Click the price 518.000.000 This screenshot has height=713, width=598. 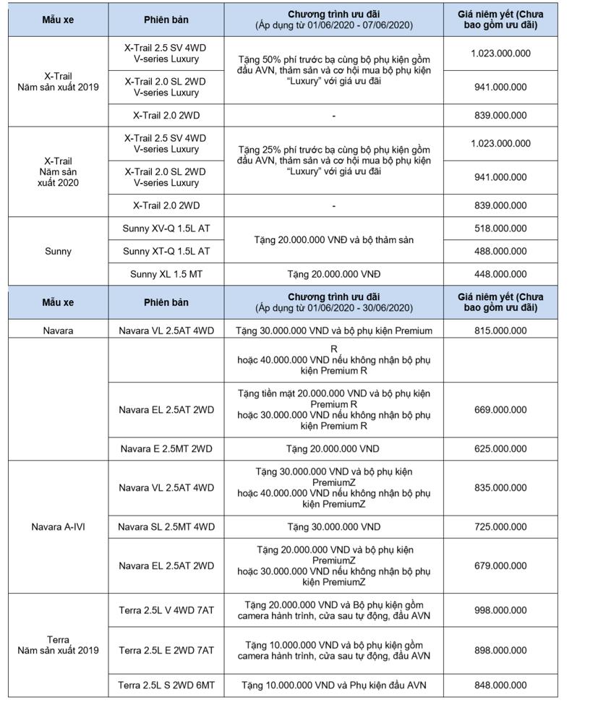[500, 229]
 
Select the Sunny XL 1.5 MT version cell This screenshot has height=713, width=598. [166, 274]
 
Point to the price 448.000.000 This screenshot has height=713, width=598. [500, 274]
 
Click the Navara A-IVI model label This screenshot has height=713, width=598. [59, 526]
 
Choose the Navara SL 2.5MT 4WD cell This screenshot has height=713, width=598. [166, 526]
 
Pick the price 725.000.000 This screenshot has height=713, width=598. [500, 526]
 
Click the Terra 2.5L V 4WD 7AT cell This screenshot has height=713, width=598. [166, 610]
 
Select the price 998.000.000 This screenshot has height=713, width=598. [500, 610]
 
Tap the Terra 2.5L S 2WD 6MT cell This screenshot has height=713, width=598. [166, 685]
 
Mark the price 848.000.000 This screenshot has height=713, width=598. [500, 685]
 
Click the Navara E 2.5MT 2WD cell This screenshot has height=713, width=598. [166, 448]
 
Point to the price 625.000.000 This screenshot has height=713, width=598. [500, 448]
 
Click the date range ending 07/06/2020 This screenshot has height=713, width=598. [333, 25]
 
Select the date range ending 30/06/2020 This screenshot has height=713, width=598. [333, 307]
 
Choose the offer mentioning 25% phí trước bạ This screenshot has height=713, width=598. [333, 161]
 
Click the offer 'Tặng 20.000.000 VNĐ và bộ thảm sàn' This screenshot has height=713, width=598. [333, 239]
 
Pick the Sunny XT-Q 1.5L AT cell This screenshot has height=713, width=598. [166, 251]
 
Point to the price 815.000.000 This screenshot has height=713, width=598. [500, 330]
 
